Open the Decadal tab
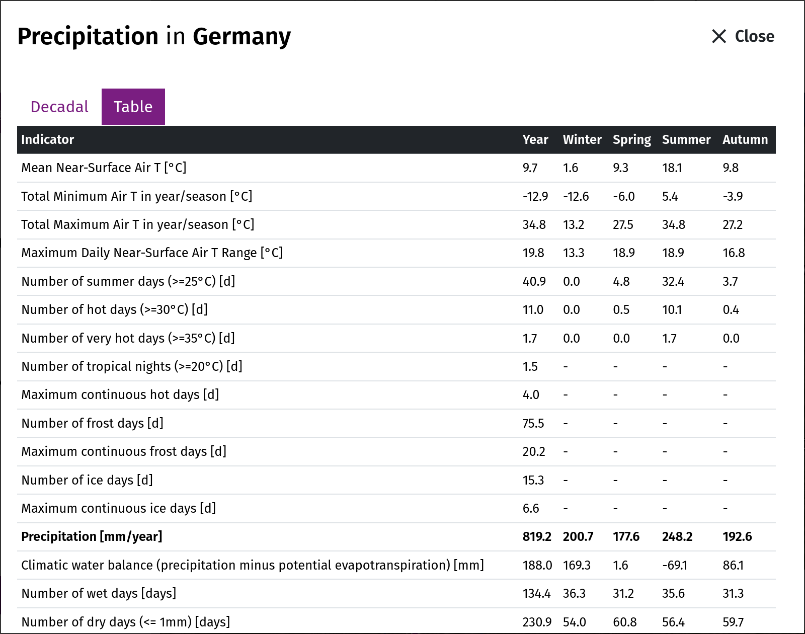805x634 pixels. tap(59, 107)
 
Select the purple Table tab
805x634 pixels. tap(133, 107)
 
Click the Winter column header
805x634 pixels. tap(582, 139)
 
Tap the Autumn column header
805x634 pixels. tap(745, 139)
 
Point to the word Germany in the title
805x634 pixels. tap(242, 37)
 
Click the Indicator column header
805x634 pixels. tap(47, 139)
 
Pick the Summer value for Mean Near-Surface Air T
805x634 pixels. tap(672, 168)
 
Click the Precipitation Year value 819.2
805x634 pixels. tap(537, 537)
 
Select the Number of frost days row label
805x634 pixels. tap(93, 423)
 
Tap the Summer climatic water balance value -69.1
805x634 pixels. tap(675, 565)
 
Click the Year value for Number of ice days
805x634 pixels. tap(533, 480)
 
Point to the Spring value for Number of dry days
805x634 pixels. tap(625, 622)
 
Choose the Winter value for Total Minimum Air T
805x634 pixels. tap(576, 196)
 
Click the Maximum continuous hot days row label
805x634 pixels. tap(120, 395)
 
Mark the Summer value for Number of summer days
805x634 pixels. tap(673, 281)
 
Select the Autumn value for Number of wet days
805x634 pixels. tap(733, 594)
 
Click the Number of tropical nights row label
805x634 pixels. tap(132, 366)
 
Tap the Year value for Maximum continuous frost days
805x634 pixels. tap(534, 452)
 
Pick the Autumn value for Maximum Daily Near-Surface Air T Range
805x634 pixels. tap(734, 253)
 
